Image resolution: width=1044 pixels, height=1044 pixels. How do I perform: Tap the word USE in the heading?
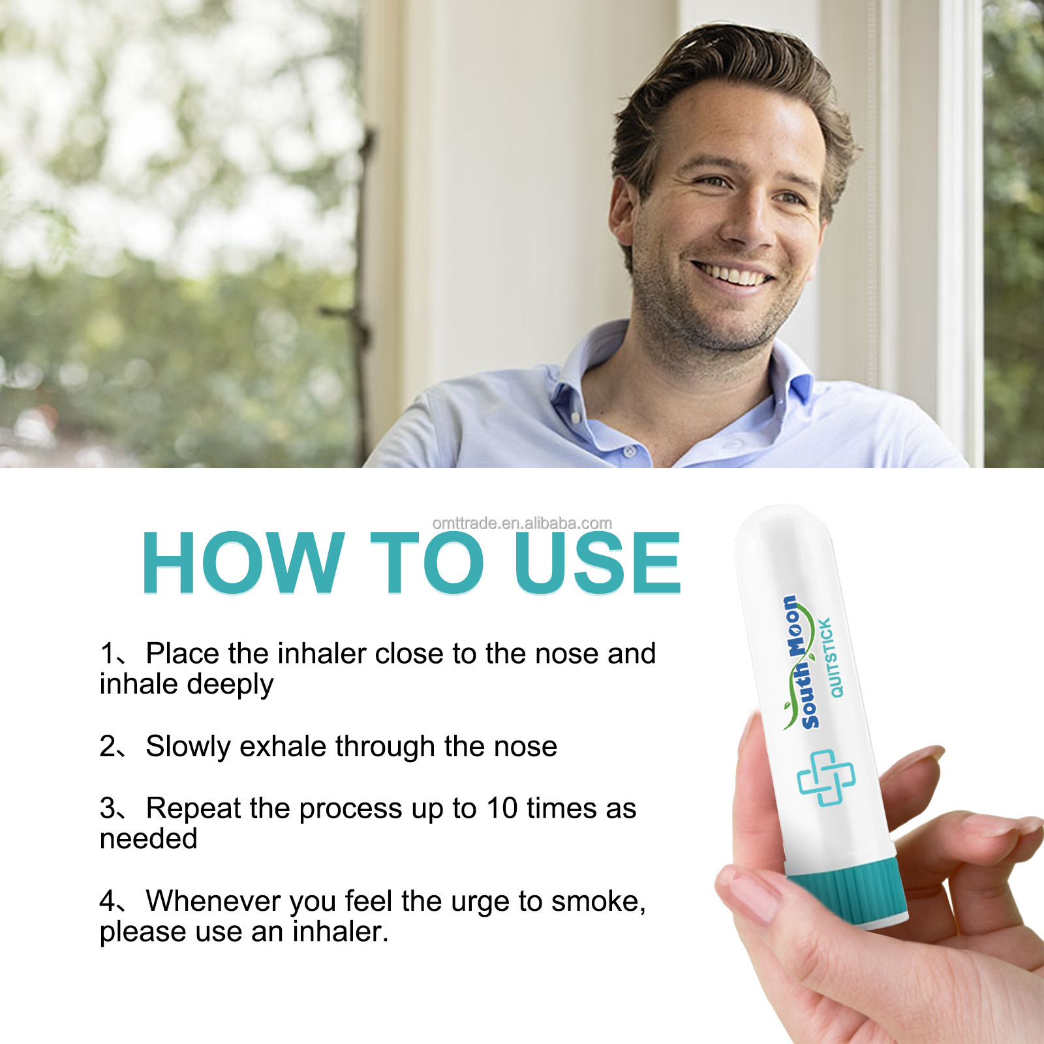tap(597, 562)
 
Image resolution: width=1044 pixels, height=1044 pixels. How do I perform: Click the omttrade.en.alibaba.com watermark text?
tap(522, 523)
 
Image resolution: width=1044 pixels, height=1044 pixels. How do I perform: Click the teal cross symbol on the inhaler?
tap(826, 778)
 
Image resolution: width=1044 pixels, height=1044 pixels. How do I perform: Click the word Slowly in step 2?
tap(188, 746)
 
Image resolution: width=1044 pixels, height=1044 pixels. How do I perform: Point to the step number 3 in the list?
tap(108, 808)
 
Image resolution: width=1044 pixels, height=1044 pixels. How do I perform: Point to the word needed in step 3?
tap(148, 839)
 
